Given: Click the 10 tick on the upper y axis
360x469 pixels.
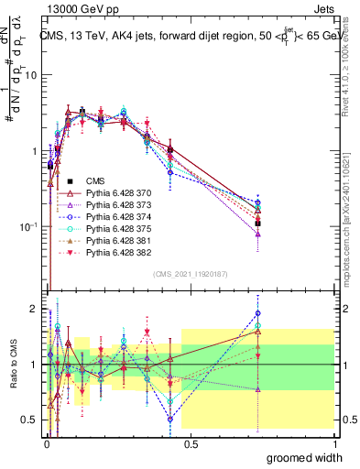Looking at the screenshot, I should coord(30,75).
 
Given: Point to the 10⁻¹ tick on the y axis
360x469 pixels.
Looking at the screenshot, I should coord(27,226).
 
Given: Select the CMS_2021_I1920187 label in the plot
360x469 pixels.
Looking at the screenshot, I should coord(190,274).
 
